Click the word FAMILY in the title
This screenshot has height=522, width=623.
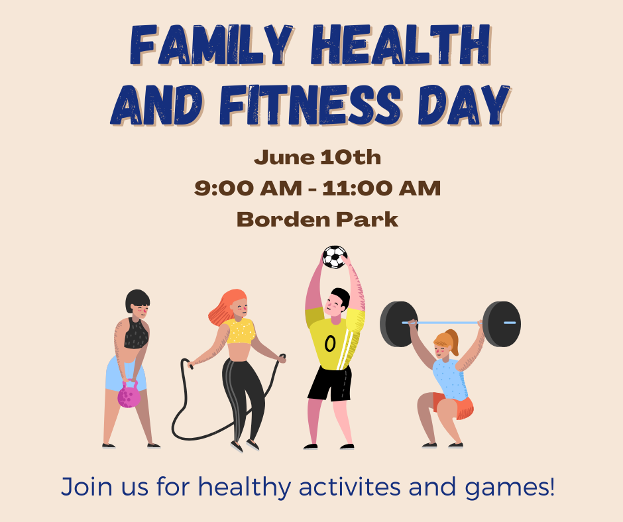point(211,44)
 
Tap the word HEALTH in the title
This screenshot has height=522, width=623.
point(401,44)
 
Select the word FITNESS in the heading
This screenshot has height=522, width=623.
point(310,105)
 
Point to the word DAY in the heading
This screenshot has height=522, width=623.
point(464,105)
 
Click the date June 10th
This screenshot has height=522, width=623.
point(317,157)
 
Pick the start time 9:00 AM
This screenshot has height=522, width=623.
point(248,188)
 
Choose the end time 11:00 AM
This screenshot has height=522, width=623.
point(382,188)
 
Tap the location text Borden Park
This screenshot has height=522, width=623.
point(317,219)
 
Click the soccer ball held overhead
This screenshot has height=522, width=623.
point(335,257)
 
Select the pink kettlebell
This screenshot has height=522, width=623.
point(129,395)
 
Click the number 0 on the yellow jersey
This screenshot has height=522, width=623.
point(330,344)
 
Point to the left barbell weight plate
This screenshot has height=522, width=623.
point(398,324)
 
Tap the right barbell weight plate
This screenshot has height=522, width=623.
point(502,324)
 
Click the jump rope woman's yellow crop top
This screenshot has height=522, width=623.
point(241,331)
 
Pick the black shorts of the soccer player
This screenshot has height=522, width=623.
point(330,384)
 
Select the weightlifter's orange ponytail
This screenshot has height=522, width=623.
point(453,342)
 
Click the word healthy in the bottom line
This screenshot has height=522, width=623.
point(245,487)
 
